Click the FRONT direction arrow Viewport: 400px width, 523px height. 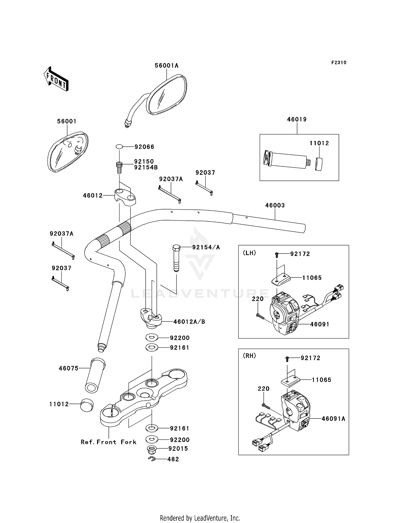[x=56, y=79]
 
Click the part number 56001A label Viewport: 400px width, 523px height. [x=166, y=66]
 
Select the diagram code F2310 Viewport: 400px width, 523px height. [x=339, y=63]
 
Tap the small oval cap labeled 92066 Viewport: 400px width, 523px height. [x=119, y=147]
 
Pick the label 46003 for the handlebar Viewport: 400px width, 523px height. [x=275, y=205]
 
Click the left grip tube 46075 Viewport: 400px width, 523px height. [x=95, y=375]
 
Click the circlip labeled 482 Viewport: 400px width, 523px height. [x=152, y=459]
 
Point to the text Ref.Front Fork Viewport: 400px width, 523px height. [x=109, y=442]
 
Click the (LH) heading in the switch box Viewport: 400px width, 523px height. [x=249, y=253]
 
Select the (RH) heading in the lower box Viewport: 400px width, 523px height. [x=249, y=356]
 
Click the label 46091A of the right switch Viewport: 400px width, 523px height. [x=333, y=419]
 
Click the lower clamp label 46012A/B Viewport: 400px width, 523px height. [x=189, y=322]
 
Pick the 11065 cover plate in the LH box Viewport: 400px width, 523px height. [x=281, y=280]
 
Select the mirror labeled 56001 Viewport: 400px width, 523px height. [x=68, y=152]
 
